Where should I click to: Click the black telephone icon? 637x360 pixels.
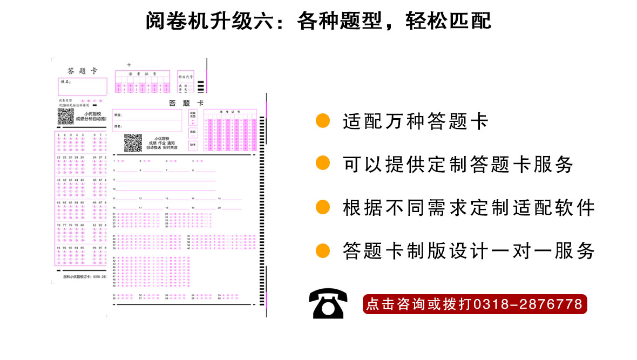coord(328,303)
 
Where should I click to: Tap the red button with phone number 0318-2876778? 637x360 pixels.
coord(475,304)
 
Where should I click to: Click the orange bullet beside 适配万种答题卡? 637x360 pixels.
coord(323,120)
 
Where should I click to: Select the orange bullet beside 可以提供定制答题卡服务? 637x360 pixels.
coord(323,164)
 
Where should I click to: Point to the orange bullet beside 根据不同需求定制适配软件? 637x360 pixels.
coord(323,207)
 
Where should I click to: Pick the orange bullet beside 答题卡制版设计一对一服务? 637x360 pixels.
coord(323,250)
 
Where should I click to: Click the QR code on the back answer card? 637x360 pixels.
coord(65,116)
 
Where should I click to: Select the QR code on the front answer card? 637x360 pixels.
coord(133,142)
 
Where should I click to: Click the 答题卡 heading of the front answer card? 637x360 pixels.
coord(186,103)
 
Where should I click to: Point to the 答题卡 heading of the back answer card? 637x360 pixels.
coord(82,71)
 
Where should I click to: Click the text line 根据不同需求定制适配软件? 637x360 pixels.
coord(469,207)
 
